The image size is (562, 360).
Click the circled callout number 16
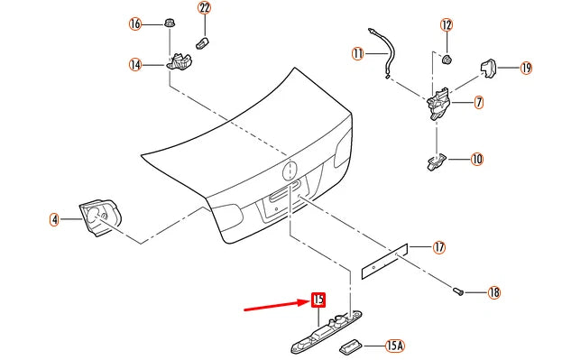click(x=135, y=24)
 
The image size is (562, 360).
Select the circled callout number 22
click(x=204, y=7)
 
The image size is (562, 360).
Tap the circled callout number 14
click(x=135, y=65)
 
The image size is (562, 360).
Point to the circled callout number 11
click(x=358, y=54)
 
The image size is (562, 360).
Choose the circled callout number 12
click(x=447, y=25)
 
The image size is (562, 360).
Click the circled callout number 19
click(x=526, y=68)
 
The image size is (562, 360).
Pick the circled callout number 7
click(x=479, y=103)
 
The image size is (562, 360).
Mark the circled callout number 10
click(x=477, y=159)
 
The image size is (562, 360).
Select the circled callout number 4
click(x=54, y=219)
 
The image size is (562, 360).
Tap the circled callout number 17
click(x=439, y=247)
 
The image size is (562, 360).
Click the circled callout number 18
click(x=494, y=292)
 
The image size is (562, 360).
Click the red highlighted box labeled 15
click(x=318, y=300)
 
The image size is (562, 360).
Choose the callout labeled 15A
click(x=394, y=346)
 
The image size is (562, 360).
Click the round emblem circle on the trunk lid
click(x=290, y=171)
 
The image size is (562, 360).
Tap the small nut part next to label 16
click(x=170, y=23)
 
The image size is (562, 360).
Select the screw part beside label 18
click(x=458, y=291)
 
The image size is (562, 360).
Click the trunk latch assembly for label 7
click(x=438, y=103)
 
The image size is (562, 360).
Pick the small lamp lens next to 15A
click(x=350, y=346)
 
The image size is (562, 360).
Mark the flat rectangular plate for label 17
click(x=384, y=261)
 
